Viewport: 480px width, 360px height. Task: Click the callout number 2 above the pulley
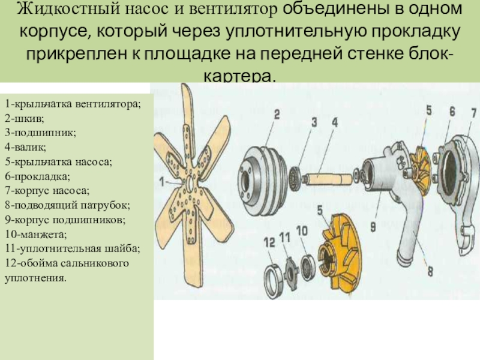coord(277,115)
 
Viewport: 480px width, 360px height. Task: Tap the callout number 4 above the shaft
coord(335,122)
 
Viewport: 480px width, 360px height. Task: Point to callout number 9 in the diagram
coord(373,227)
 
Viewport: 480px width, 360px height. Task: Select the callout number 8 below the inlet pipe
coord(430,271)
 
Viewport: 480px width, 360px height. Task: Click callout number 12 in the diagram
coord(269,242)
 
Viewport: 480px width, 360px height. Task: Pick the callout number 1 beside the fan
coord(162,182)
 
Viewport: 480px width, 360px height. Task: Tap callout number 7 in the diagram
coord(473,113)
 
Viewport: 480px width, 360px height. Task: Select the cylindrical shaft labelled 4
coord(328,179)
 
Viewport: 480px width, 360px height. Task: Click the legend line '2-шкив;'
coord(25,118)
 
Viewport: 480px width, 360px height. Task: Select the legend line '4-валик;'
coord(25,147)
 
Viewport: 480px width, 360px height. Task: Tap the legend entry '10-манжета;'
coord(36,234)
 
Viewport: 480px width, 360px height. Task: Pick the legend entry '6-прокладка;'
coord(37,176)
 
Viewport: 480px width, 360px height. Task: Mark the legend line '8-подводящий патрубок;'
coord(67,205)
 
